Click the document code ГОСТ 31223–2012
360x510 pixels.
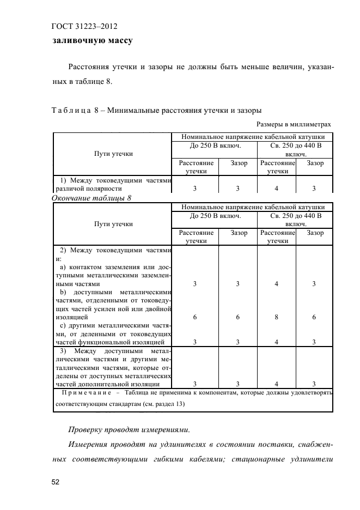tap(85, 26)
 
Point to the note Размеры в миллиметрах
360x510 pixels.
tap(294, 124)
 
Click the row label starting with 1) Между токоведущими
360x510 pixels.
tap(113, 180)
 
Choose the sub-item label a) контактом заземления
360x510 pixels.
tap(113, 267)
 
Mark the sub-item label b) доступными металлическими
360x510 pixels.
tap(113, 292)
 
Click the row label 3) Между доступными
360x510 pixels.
tap(113, 351)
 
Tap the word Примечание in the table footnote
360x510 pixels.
tap(87, 393)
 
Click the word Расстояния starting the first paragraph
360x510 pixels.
tap(90, 67)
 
